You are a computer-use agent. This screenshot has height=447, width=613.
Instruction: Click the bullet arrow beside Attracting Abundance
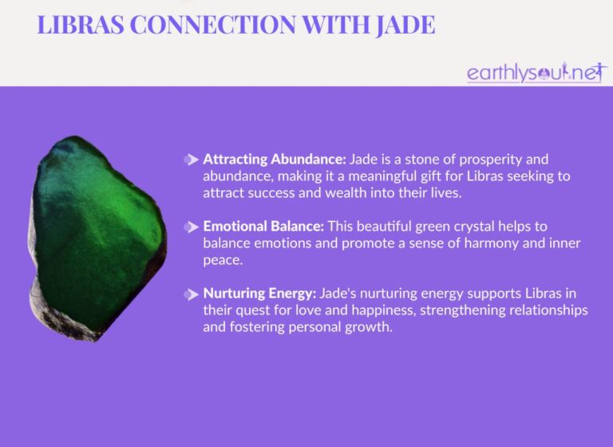191,159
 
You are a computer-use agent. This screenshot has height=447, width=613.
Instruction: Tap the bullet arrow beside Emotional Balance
191,227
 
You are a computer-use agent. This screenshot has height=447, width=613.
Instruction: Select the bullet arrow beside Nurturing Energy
191,295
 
